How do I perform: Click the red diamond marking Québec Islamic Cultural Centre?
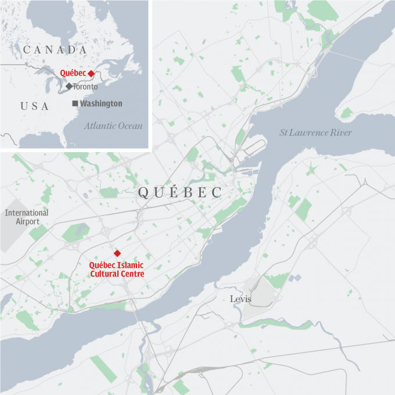coord(117,253)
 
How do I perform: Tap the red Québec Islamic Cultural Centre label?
coord(117,269)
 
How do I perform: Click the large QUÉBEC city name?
coord(179,193)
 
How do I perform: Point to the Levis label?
coord(240,299)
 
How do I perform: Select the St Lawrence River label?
coord(315,133)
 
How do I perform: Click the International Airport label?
coord(27,217)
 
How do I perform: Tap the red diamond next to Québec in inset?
coord(91,73)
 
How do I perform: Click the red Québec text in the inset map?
coord(73,73)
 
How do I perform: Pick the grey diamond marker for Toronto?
coord(69,86)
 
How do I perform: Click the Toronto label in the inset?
coord(85,87)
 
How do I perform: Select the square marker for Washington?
coord(74,103)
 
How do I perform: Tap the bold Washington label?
coord(101,103)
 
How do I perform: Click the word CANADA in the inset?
coord(55,50)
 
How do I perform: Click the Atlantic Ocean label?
coord(113,125)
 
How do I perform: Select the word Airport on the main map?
coord(27,222)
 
